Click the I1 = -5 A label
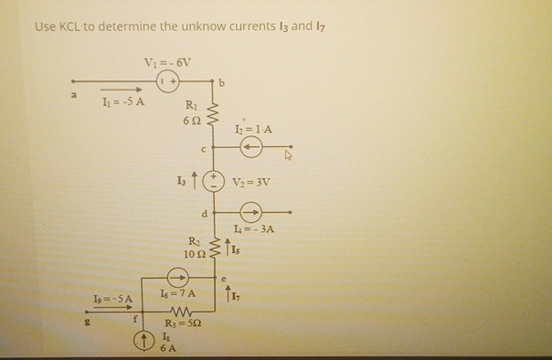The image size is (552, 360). [x=122, y=100]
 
